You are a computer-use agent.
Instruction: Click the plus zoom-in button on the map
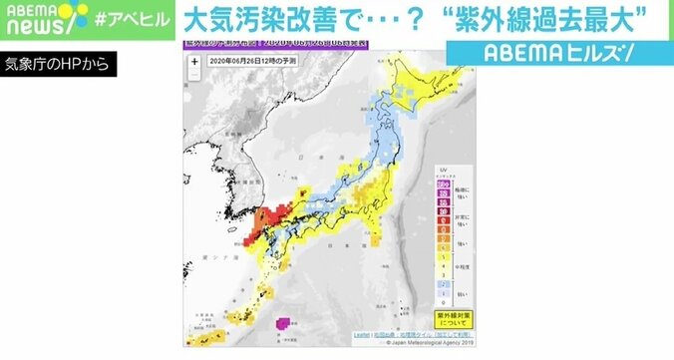click(193, 60)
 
